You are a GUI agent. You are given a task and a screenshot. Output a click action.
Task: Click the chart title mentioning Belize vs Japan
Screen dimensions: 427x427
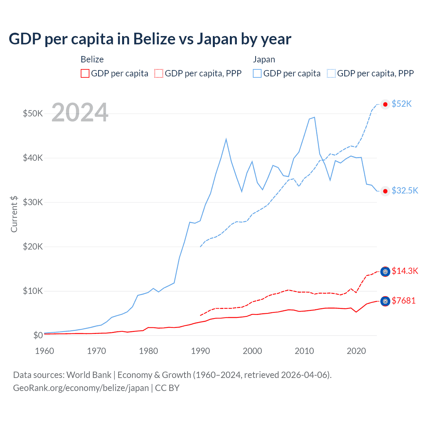pyautogui.click(x=150, y=39)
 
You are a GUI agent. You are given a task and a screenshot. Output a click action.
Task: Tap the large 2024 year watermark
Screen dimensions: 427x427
pyautogui.click(x=80, y=112)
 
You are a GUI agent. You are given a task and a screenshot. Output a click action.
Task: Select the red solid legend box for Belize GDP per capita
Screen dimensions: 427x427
pyautogui.click(x=85, y=73)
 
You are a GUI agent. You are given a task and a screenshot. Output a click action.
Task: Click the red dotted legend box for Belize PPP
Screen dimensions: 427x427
pyautogui.click(x=159, y=73)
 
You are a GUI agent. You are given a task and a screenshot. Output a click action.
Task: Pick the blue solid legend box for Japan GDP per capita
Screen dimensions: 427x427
pyautogui.click(x=257, y=73)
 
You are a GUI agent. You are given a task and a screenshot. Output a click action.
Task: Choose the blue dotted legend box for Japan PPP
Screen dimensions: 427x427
pyautogui.click(x=331, y=73)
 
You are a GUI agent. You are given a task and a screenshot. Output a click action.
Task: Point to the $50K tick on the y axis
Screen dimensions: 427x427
pyautogui.click(x=33, y=113)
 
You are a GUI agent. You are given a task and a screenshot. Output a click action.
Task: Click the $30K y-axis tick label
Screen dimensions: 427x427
pyautogui.click(x=33, y=202)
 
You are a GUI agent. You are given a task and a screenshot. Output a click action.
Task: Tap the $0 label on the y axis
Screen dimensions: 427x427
pyautogui.click(x=38, y=335)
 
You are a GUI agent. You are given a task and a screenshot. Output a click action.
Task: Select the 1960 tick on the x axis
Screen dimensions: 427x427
pyautogui.click(x=44, y=351)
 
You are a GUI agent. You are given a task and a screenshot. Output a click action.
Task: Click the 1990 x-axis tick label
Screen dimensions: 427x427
pyautogui.click(x=200, y=351)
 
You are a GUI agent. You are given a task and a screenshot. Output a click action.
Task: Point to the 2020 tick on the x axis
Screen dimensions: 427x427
pyautogui.click(x=356, y=351)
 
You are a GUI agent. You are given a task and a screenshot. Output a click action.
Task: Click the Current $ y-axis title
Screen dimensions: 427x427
pyautogui.click(x=14, y=214)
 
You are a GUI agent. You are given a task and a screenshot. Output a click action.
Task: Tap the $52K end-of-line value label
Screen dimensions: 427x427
pyautogui.click(x=402, y=104)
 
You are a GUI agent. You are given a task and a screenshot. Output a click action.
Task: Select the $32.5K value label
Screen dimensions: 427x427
pyautogui.click(x=405, y=190)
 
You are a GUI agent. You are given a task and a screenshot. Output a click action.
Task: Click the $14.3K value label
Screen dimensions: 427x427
pyautogui.click(x=405, y=271)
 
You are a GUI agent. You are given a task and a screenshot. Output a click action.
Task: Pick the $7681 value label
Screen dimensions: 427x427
pyautogui.click(x=403, y=301)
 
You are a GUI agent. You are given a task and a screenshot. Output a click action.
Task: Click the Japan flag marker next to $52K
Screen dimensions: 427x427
pyautogui.click(x=385, y=104)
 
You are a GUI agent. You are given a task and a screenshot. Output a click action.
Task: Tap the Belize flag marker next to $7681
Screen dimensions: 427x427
pyautogui.click(x=385, y=301)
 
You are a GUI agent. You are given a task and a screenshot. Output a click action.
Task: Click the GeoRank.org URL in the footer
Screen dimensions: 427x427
pyautogui.click(x=81, y=388)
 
